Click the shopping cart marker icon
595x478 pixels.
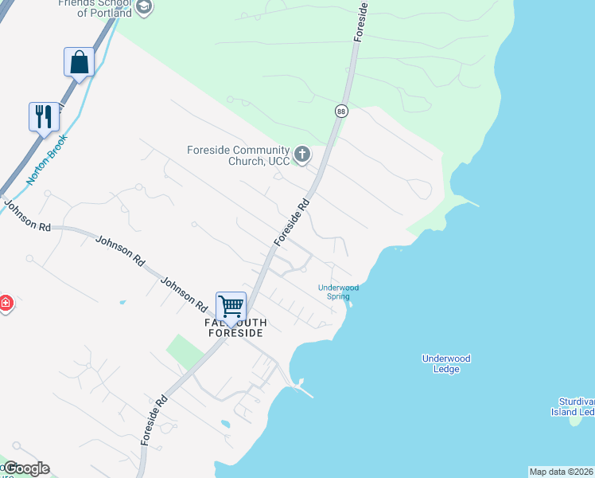point(231,307)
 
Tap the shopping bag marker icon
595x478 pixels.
point(80,62)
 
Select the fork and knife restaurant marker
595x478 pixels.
point(44,116)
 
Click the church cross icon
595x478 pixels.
point(301,154)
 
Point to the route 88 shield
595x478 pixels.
point(341,111)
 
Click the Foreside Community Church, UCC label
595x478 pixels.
point(238,155)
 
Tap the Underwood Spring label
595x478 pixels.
point(338,292)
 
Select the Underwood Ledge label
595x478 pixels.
point(446,363)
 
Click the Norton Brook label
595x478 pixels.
point(47,159)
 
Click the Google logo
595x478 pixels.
point(26,468)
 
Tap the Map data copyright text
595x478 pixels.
point(561,472)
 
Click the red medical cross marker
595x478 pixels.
point(5,304)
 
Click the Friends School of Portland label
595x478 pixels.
point(95,8)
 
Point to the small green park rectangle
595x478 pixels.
point(184,351)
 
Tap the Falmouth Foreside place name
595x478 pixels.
point(234,327)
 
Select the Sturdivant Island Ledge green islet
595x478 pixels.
point(575,421)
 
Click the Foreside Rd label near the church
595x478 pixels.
point(291,222)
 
